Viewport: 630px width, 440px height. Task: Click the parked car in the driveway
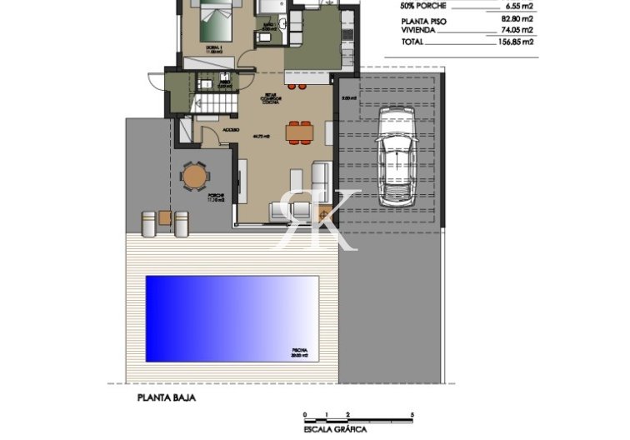(396, 157)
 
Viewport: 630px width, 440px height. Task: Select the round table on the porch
(194, 176)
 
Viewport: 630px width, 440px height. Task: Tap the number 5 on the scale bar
(412, 414)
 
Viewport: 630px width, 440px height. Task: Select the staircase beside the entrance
(206, 103)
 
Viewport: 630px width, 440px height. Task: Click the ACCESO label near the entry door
(231, 131)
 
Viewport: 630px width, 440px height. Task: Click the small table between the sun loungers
(165, 218)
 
